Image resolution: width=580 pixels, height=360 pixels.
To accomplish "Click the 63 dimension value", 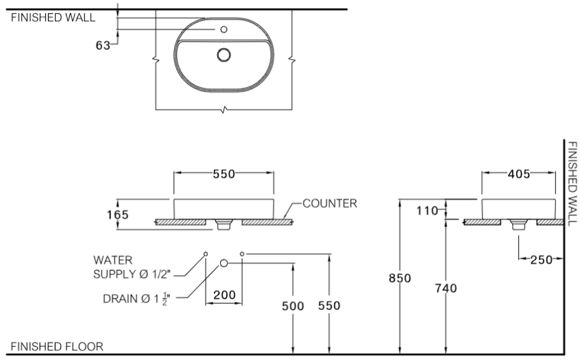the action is (103, 45).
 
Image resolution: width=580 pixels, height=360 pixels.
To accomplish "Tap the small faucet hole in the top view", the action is (223, 29).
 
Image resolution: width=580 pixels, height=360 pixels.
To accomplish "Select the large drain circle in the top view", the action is (223, 55).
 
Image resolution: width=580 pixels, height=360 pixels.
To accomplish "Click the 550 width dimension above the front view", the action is (223, 174).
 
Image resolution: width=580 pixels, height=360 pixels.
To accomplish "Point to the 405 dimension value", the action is (518, 174).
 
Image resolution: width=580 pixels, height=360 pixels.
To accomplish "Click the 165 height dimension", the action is (118, 215).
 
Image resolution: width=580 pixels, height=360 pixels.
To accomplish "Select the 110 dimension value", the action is (427, 211).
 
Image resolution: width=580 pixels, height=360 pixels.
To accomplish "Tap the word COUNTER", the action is (330, 204).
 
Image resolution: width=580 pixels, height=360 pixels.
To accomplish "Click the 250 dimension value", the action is (541, 260).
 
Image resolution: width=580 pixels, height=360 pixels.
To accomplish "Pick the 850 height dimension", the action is (400, 278).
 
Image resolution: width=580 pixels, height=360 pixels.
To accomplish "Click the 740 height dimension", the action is (446, 288).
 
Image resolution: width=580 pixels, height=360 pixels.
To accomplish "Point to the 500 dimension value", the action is (293, 306).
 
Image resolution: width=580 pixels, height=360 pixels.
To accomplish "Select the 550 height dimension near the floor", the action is (329, 306).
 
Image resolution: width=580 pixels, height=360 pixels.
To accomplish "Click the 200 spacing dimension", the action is (225, 295).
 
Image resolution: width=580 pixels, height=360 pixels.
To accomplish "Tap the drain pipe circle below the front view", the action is (223, 263).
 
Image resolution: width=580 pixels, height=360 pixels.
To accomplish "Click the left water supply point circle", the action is (206, 254).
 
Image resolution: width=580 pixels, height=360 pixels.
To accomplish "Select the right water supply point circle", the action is (242, 254).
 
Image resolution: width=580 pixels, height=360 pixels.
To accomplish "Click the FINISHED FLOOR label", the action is (57, 347).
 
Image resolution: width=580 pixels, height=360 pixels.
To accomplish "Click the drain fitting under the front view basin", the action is (223, 224).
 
